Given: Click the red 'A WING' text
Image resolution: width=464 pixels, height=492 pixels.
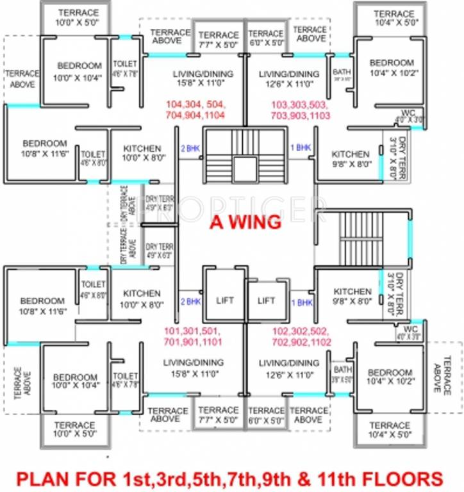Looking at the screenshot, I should (245, 222).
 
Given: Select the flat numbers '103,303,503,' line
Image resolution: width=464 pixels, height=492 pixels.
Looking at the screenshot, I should (301, 104).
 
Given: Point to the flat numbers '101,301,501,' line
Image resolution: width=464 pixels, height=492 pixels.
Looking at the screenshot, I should (192, 331).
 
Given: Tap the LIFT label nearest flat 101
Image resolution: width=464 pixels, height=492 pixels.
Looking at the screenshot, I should (225, 300).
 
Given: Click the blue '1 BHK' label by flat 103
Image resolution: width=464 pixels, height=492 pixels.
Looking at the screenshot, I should (301, 147).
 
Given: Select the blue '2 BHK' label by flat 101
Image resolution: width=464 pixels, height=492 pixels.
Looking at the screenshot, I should (190, 301).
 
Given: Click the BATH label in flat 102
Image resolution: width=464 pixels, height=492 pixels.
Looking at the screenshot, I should (342, 370).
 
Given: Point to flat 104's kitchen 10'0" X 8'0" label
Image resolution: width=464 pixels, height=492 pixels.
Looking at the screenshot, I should (142, 154).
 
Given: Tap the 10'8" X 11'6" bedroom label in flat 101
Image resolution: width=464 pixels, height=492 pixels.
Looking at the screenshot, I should (42, 306).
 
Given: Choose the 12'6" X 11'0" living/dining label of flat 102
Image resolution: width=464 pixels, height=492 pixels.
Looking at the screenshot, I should (288, 368).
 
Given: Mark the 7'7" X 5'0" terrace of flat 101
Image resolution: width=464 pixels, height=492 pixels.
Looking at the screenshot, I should (219, 415).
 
